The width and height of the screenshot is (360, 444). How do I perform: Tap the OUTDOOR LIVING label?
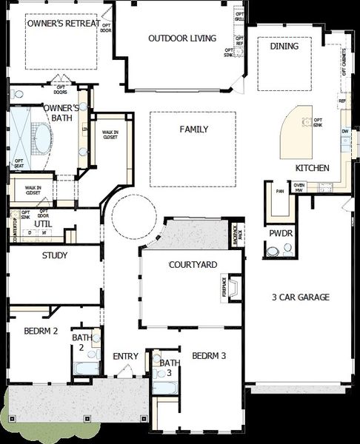(x=181, y=38)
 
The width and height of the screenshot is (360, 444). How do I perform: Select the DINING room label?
(x=284, y=46)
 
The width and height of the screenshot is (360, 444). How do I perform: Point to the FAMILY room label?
(x=193, y=129)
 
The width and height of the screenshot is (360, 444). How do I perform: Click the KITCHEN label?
(x=312, y=168)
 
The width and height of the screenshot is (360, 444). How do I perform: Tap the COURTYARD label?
(x=193, y=264)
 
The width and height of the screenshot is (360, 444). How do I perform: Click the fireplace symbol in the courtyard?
(x=234, y=287)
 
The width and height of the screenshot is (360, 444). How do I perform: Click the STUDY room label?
(x=55, y=256)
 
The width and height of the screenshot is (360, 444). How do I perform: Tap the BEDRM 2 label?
(x=40, y=331)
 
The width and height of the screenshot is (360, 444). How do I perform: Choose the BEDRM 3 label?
(x=209, y=356)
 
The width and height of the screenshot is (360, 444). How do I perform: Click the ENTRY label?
(x=125, y=357)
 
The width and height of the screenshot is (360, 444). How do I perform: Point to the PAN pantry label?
(x=279, y=191)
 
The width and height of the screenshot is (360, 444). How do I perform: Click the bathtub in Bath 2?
(x=87, y=369)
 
